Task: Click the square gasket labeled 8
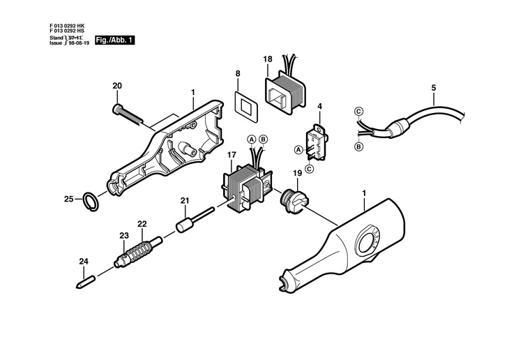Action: [x=245, y=106]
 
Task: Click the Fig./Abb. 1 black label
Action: [x=114, y=41]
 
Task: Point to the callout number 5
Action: [x=433, y=88]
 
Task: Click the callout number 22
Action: [x=142, y=224]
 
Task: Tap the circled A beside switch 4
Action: [x=299, y=149]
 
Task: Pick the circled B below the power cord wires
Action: [x=358, y=147]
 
